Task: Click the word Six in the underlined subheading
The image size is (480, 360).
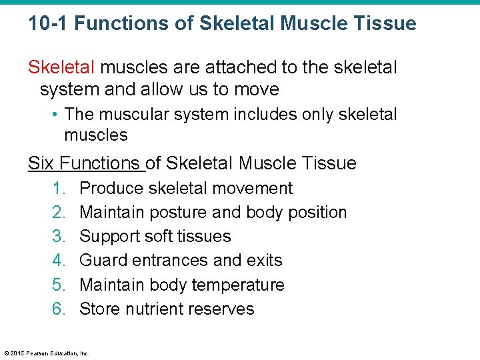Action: click(x=41, y=163)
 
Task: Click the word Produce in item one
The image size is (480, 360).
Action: click(x=111, y=189)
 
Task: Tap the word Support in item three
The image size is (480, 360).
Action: click(x=111, y=237)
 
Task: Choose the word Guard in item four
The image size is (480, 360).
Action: click(x=103, y=261)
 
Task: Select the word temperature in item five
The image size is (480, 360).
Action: click(x=237, y=285)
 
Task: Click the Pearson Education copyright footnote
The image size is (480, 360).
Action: click(x=47, y=353)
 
